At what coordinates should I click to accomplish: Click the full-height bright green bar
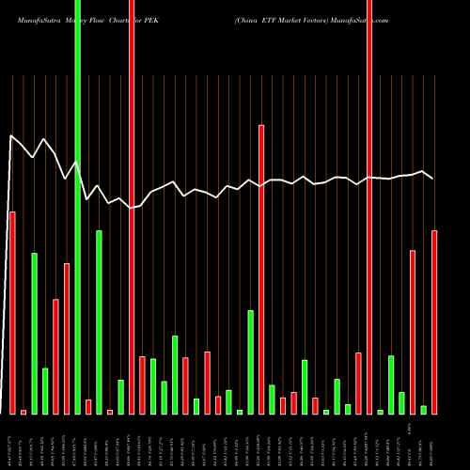pyautogui.click(x=77, y=207)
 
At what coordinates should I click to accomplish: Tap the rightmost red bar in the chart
pyautogui.click(x=434, y=321)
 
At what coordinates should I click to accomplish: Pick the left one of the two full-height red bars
pyautogui.click(x=132, y=207)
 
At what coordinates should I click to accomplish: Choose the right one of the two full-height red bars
pyautogui.click(x=369, y=207)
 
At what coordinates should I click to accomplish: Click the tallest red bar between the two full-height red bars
pyautogui.click(x=261, y=269)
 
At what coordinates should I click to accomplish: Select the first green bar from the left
pyautogui.click(x=34, y=333)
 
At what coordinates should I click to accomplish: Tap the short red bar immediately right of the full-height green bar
pyautogui.click(x=88, y=406)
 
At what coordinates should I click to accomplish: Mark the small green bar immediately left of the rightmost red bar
pyautogui.click(x=424, y=409)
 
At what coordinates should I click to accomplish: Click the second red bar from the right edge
pyautogui.click(x=413, y=331)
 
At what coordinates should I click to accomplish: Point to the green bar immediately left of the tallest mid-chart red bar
pyautogui.click(x=250, y=361)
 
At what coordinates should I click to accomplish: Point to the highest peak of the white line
pyautogui.click(x=12, y=136)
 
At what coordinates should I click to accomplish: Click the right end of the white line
pyautogui.click(x=432, y=178)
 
